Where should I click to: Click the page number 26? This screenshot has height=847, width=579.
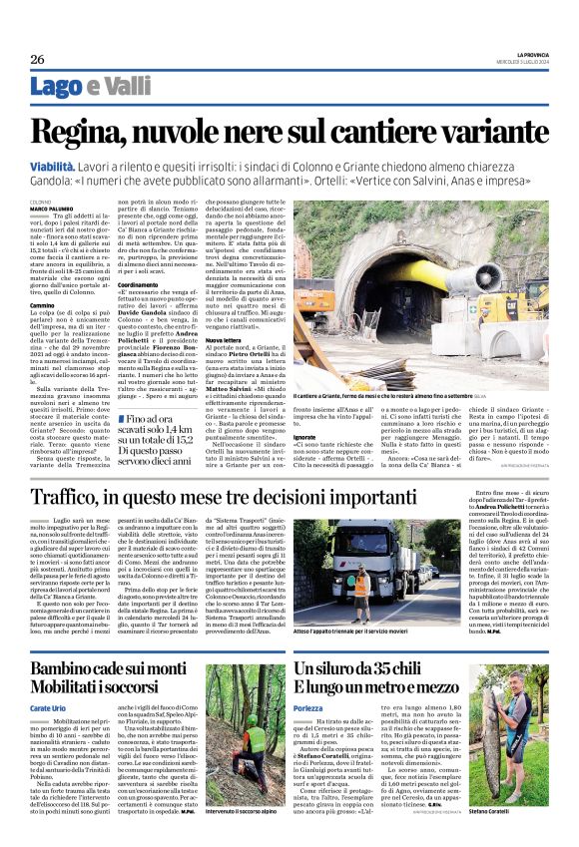coord(37,59)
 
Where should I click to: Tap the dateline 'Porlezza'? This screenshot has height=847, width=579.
coord(310,706)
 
